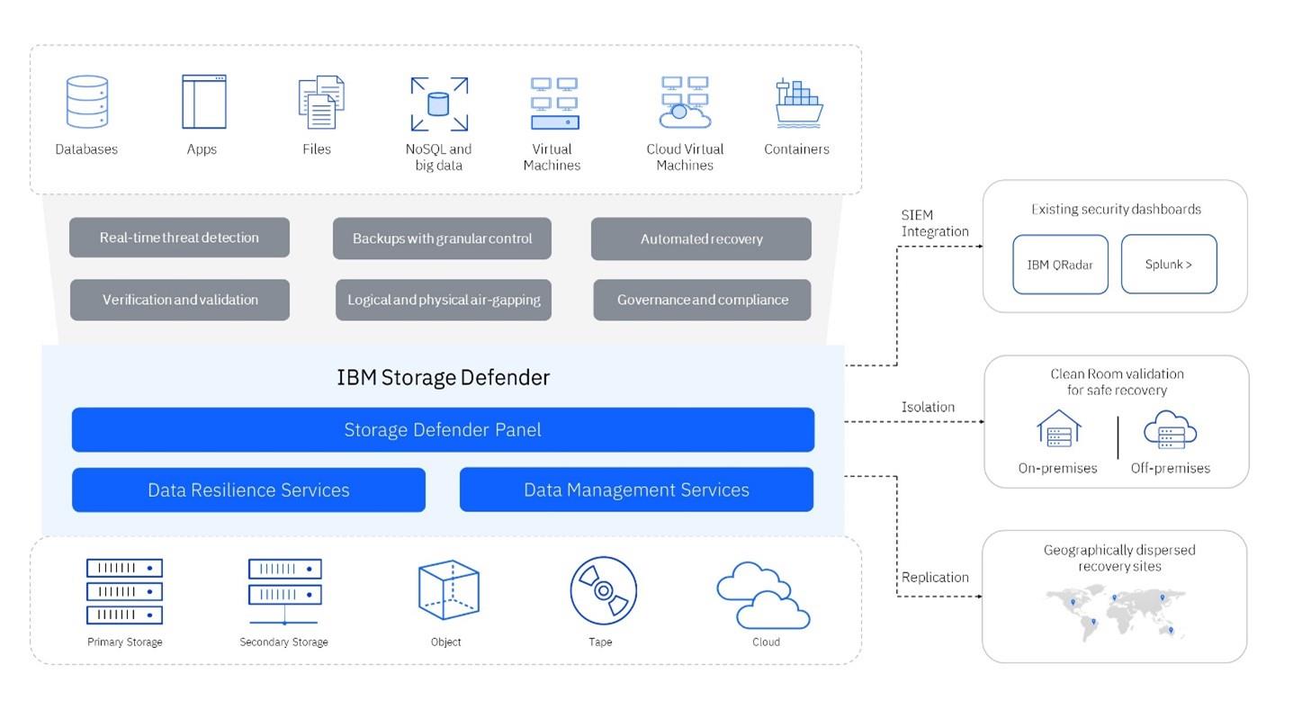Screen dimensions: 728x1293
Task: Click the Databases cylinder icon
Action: [x=86, y=102]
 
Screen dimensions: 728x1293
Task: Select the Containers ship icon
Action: [x=798, y=103]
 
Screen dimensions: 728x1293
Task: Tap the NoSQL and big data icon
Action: [x=439, y=103]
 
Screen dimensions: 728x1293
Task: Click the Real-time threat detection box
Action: [x=179, y=238]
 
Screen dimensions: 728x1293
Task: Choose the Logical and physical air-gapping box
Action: [x=444, y=300]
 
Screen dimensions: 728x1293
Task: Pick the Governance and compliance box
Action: [x=702, y=300]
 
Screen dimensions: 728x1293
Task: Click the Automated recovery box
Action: [x=701, y=238]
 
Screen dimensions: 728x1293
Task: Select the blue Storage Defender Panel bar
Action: [x=443, y=429]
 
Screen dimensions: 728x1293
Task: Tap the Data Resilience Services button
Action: [x=248, y=490]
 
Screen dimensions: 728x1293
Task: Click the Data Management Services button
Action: [x=636, y=490]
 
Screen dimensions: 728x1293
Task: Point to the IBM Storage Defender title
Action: [x=443, y=377]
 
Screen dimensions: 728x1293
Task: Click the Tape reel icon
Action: [x=603, y=590]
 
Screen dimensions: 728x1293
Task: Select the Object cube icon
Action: [x=447, y=590]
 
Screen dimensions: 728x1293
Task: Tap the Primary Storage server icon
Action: [x=124, y=591]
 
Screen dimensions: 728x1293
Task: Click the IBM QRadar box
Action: [x=1060, y=265]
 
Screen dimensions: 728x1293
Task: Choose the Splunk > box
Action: [x=1168, y=265]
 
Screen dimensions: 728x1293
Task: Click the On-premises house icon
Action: [x=1058, y=429]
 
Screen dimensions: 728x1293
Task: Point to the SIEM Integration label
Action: [x=934, y=223]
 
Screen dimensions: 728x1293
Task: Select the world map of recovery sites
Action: [x=1116, y=612]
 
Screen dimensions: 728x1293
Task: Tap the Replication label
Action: [x=935, y=577]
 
